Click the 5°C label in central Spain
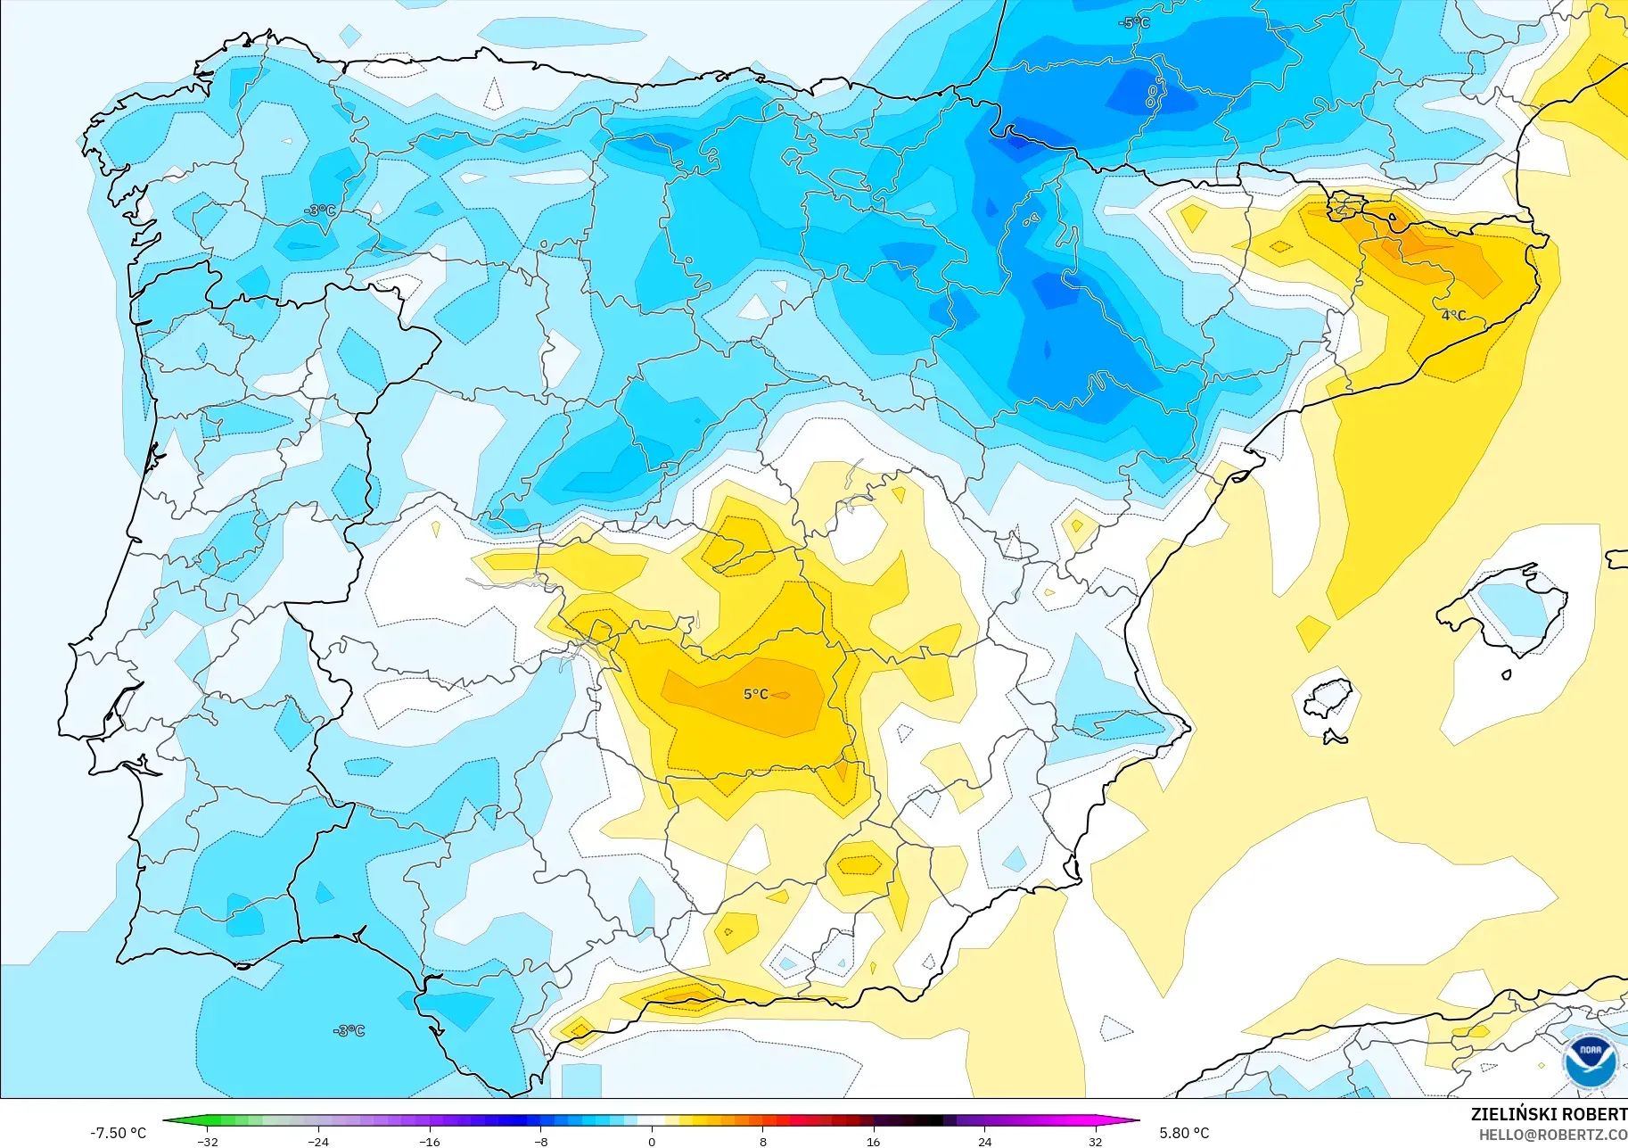coord(755,694)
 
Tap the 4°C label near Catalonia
coord(1453,315)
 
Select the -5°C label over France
coord(1134,23)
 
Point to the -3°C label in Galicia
coord(320,211)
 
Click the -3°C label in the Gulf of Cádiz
coord(349,1030)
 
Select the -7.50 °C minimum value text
coord(118,1133)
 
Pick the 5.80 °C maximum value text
coord(1184,1133)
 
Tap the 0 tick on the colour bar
coord(652,1141)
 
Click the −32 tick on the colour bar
coord(208,1141)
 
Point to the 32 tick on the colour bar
coord(1095,1141)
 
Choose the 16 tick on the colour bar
coord(873,1141)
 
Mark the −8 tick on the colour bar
coord(540,1141)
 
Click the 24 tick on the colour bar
coord(984,1141)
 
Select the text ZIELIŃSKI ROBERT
coord(1548,1114)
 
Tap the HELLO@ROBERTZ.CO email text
coord(1552,1135)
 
